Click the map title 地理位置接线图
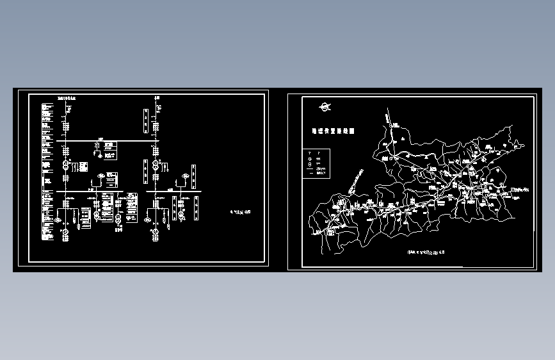coord(332,131)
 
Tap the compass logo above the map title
coord(326,107)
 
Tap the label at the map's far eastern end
coord(523,189)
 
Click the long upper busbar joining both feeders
coord(109,141)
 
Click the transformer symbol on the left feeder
coord(65,165)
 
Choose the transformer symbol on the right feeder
coord(155,165)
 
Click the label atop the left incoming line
coord(65,99)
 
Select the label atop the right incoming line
coord(156,98)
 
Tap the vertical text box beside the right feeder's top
coord(146,119)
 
